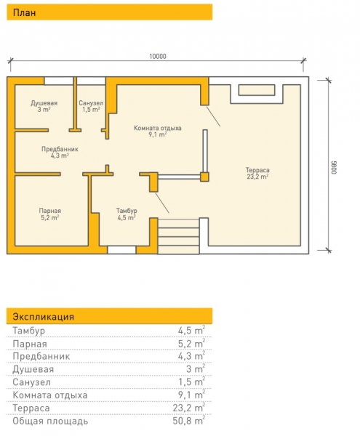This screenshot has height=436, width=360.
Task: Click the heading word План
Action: click(24, 13)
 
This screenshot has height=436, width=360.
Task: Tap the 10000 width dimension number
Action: click(158, 57)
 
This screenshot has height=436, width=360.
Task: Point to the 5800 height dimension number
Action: click(334, 167)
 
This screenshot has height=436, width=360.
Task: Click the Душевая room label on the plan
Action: click(44, 103)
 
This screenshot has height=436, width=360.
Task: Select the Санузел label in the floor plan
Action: click(91, 103)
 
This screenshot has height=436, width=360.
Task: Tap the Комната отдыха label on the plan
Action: click(158, 128)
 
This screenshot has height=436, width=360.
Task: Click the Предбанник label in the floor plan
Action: click(60, 149)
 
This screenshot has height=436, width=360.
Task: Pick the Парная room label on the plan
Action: click(49, 211)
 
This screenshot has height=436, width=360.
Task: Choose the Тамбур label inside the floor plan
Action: click(127, 211)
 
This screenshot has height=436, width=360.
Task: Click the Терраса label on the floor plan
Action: click(257, 170)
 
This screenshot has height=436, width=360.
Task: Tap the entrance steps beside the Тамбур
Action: click(179, 236)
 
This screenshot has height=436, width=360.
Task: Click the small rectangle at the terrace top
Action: click(257, 90)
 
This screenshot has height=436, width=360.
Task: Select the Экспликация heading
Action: click(44, 317)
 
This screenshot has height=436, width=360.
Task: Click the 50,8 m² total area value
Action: click(189, 421)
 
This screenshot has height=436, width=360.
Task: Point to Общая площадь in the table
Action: click(50, 421)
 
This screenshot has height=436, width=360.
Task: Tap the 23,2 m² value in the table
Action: click(189, 408)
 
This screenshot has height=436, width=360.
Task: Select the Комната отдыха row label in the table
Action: click(50, 395)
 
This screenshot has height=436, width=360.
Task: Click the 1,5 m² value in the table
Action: click(192, 381)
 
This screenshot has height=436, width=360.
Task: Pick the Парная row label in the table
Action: click(30, 344)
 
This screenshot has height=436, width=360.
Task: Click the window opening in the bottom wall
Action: click(121, 250)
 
